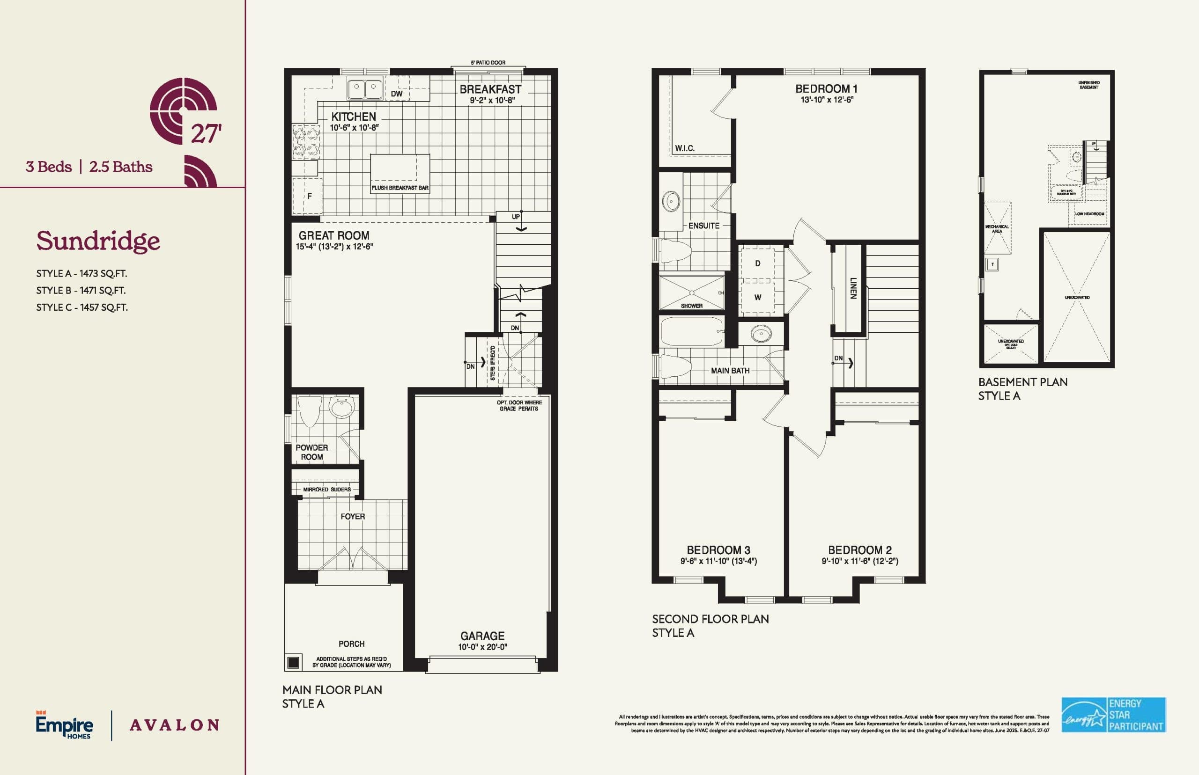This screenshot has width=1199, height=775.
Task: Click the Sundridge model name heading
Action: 98,241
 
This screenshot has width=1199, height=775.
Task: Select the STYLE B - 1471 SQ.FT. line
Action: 81,290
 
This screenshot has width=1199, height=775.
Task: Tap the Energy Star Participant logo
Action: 1113,715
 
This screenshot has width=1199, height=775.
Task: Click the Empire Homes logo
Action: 65,724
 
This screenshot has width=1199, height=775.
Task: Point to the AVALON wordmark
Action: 174,725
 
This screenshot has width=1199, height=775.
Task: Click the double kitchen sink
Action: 364,88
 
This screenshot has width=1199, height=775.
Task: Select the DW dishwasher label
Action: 397,94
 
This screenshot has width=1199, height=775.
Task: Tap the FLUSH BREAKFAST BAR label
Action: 400,188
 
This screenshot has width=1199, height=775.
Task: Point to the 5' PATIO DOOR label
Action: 488,63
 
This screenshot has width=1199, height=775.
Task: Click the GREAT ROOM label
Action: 334,235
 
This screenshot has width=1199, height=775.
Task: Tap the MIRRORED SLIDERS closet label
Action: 327,489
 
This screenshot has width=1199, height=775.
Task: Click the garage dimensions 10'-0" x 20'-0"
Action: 482,647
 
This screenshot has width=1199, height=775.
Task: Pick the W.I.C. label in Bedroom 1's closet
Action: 685,148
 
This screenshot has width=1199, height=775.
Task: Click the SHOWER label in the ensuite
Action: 691,306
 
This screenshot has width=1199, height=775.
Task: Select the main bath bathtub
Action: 691,331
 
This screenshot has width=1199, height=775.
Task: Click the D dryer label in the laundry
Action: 757,263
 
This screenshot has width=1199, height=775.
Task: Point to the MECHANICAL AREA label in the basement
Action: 997,229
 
